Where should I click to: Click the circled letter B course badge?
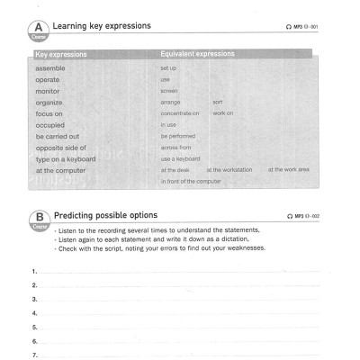[x=40, y=218]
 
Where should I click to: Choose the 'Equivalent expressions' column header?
[x=198, y=55]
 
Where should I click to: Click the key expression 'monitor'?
[x=49, y=91]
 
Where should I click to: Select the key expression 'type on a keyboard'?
[x=67, y=158]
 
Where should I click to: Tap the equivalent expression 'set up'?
[x=169, y=68]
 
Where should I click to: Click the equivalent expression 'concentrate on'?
[x=180, y=113]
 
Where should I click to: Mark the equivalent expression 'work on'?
[x=224, y=113]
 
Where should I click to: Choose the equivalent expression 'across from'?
[x=175, y=147]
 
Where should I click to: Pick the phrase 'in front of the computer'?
[x=191, y=181]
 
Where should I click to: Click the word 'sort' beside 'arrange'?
[x=217, y=102]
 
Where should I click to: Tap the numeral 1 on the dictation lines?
[x=34, y=271]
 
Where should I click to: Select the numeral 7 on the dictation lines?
[x=34, y=355]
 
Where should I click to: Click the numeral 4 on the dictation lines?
[x=34, y=313]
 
